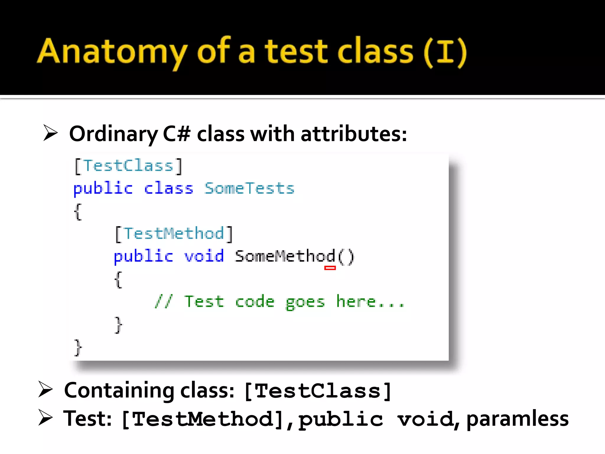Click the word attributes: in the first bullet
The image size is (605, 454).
[x=354, y=134]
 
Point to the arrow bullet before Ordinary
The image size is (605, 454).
[x=50, y=133]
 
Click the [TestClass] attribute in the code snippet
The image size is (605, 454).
[x=128, y=166]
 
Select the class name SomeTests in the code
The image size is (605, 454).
[x=250, y=188]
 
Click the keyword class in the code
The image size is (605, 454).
[x=168, y=188]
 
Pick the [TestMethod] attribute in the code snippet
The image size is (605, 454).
[x=174, y=234]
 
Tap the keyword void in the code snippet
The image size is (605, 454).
[x=204, y=256]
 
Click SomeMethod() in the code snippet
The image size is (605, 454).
[x=294, y=256]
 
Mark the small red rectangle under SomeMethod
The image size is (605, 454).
[x=330, y=268]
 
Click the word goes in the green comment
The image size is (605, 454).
[x=305, y=302]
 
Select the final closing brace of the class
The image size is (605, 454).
[x=78, y=348]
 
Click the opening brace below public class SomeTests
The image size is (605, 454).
[x=78, y=212]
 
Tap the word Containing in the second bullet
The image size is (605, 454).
[x=119, y=391]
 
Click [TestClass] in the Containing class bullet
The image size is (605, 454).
[x=318, y=391]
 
